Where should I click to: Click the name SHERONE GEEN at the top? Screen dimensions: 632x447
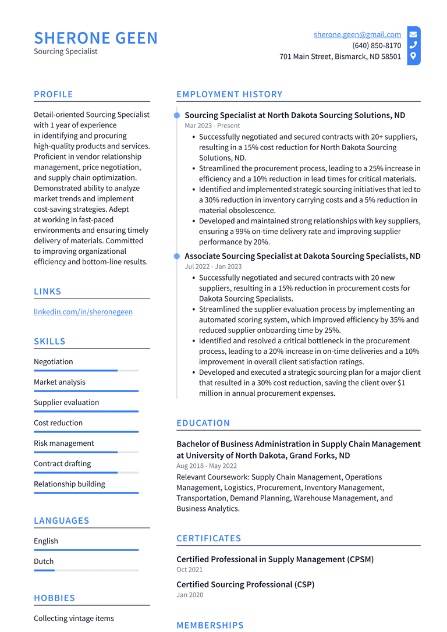96,38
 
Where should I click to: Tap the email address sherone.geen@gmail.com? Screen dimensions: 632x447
357,34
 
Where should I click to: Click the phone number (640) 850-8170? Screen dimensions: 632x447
376,45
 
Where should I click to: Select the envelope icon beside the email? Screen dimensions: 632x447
413,34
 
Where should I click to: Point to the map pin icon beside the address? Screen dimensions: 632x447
413,56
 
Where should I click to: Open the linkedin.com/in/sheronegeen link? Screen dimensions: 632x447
83,312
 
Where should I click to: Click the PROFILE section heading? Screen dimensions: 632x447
54,94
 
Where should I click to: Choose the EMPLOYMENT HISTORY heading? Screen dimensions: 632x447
229,94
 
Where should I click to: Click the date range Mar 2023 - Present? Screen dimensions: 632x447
212,126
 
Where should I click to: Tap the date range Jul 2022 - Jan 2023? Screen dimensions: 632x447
213,267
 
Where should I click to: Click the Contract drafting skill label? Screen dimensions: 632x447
62,464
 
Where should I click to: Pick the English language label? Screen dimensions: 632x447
46,541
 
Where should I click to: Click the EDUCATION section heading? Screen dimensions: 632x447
203,423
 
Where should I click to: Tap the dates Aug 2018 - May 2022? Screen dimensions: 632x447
207,466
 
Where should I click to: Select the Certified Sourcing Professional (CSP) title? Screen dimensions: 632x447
245,584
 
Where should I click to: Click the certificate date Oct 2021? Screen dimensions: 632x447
190,570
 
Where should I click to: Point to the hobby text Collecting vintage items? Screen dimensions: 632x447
74,619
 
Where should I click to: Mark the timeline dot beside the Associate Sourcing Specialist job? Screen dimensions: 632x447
177,256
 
